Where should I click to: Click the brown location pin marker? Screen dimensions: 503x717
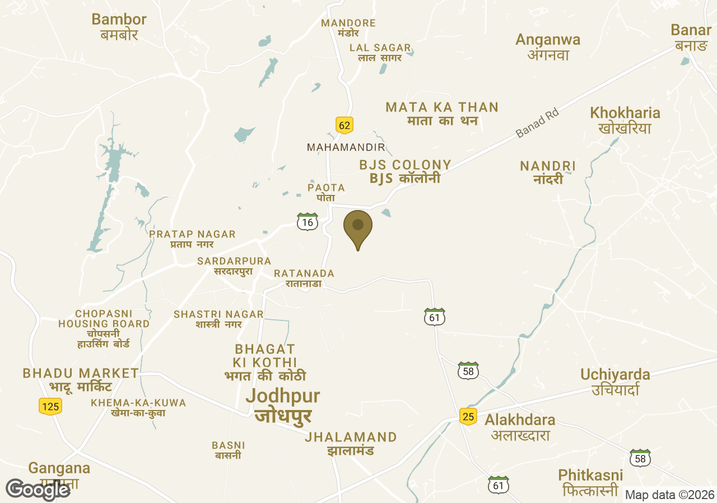[x=357, y=227]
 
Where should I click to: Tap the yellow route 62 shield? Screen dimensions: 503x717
[x=344, y=125]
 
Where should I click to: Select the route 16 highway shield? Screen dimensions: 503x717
[x=307, y=222]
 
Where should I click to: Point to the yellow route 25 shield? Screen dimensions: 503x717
[x=468, y=416]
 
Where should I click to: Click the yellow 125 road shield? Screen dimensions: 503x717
[x=50, y=406]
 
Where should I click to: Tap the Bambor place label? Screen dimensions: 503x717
[x=119, y=26]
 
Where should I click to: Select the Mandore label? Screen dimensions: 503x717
[x=348, y=27]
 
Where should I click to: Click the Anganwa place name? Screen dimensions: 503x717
[x=548, y=46]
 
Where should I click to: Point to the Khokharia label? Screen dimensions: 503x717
[x=625, y=120]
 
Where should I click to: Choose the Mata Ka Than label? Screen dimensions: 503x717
[x=442, y=113]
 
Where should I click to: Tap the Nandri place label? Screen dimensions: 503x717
[x=548, y=172]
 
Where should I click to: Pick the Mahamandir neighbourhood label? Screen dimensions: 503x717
[x=346, y=147]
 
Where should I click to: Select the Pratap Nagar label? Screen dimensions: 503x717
[x=192, y=239]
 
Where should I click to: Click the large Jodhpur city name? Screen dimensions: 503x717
[x=283, y=405]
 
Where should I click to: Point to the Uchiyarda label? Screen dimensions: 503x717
[x=615, y=381]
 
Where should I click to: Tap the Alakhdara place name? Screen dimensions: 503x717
[x=520, y=427]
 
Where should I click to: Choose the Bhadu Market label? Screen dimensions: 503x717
[x=80, y=379]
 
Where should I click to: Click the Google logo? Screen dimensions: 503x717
[x=38, y=489]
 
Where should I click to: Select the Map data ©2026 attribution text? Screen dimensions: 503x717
[x=669, y=495]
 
